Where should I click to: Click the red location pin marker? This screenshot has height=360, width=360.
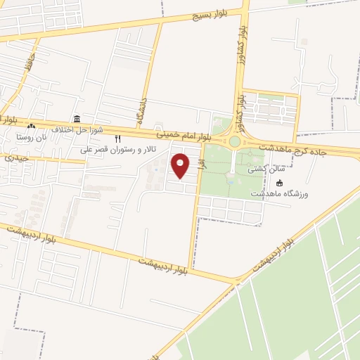pyautogui.click(x=181, y=165)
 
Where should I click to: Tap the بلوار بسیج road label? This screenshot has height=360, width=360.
pyautogui.click(x=212, y=15)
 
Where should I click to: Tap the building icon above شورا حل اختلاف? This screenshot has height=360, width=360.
pyautogui.click(x=77, y=119)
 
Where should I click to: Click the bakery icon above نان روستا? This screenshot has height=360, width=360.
pyautogui.click(x=30, y=127)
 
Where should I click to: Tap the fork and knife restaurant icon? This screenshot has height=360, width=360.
pyautogui.click(x=117, y=139)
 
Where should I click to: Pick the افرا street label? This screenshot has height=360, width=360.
pyautogui.click(x=200, y=167)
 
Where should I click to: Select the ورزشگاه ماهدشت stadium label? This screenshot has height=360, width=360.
pyautogui.click(x=280, y=193)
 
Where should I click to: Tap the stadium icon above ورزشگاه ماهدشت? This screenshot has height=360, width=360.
pyautogui.click(x=280, y=183)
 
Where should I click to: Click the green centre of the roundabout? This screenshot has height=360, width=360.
pyautogui.click(x=234, y=142)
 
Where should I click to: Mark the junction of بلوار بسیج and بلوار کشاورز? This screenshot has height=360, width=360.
pyautogui.click(x=245, y=10)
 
